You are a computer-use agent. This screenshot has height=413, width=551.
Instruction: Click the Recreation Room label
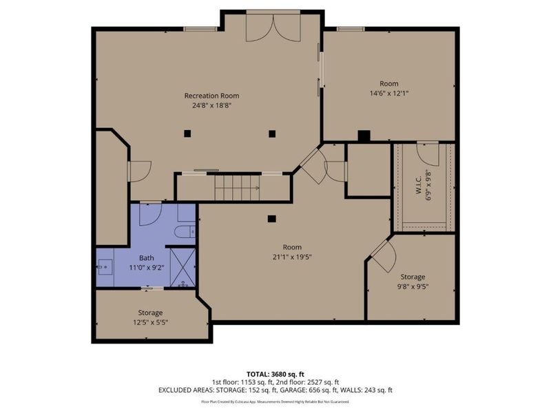coord(211,96)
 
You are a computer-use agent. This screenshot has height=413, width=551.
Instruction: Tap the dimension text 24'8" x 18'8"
coord(211,105)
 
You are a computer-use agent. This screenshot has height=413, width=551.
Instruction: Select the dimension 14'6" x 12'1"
coord(389,93)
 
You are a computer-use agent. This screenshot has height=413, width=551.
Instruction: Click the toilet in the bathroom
coord(185,231)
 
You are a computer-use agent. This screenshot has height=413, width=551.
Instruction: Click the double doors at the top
coord(273,28)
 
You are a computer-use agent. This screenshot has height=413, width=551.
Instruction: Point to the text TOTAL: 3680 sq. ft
coord(275,374)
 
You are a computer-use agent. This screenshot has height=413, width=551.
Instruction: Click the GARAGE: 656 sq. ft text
coord(340,390)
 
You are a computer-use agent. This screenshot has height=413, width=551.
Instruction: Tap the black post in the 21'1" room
coord(272,219)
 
